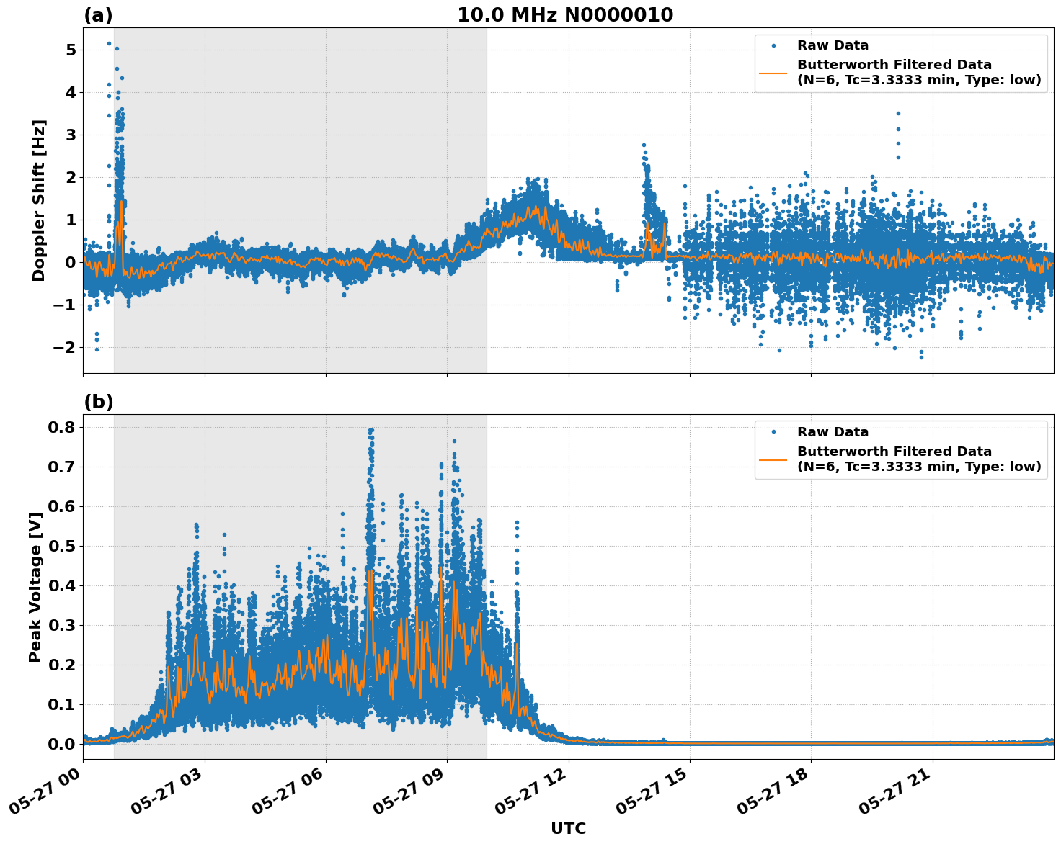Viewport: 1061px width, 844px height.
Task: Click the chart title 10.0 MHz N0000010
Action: pyautogui.click(x=565, y=15)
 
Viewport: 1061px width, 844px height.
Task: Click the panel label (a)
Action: pyautogui.click(x=98, y=15)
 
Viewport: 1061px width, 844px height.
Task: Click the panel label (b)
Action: pyautogui.click(x=98, y=402)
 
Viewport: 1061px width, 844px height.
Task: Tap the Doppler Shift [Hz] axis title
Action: pyautogui.click(x=39, y=200)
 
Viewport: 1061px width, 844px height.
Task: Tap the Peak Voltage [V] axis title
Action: pyautogui.click(x=35, y=587)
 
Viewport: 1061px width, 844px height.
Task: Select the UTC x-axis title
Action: pyautogui.click(x=568, y=828)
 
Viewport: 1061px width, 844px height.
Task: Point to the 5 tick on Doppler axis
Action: pyautogui.click(x=71, y=50)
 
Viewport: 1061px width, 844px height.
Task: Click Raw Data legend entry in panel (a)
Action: pyautogui.click(x=833, y=45)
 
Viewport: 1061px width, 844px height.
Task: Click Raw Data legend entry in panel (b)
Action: pyautogui.click(x=833, y=432)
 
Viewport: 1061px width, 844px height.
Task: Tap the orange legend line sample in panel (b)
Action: pyautogui.click(x=773, y=459)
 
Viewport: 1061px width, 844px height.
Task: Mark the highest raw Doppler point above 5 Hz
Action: pyautogui.click(x=109, y=43)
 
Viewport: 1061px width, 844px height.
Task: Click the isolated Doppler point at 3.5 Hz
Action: pyautogui.click(x=898, y=113)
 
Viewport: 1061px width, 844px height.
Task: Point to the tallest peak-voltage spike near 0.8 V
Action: pyautogui.click(x=370, y=431)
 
